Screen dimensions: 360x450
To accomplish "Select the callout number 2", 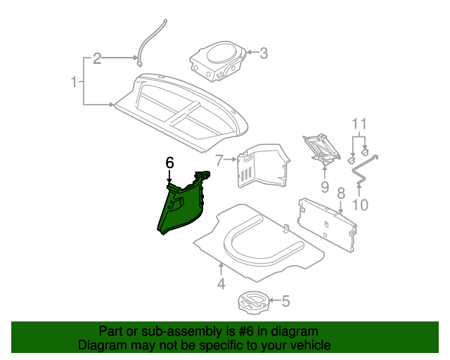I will pyautogui.click(x=97, y=58).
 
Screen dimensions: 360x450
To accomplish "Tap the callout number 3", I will pyautogui.click(x=264, y=53).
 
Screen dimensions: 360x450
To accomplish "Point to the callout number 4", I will pyautogui.click(x=221, y=284).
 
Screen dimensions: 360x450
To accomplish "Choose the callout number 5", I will pyautogui.click(x=285, y=302).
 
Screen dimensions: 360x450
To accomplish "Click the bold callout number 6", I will pyautogui.click(x=169, y=163).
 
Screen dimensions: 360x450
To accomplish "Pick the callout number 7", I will pyautogui.click(x=219, y=161).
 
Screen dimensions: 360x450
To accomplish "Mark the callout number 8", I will pyautogui.click(x=340, y=192).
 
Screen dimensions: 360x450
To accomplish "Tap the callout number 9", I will pyautogui.click(x=324, y=187).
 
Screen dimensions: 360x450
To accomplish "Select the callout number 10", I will pyautogui.click(x=359, y=205).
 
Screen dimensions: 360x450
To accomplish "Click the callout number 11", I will pyautogui.click(x=359, y=126).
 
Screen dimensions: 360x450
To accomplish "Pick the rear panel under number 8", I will pyautogui.click(x=327, y=221).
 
